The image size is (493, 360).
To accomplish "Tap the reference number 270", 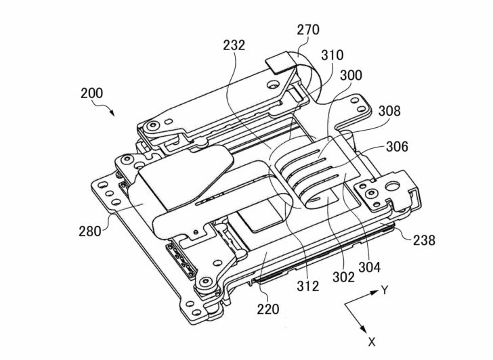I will click(x=308, y=30).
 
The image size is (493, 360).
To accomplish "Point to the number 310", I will click(x=332, y=55).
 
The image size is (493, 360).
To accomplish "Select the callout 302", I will click(x=342, y=277).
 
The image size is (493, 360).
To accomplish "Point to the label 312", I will click(x=308, y=286).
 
